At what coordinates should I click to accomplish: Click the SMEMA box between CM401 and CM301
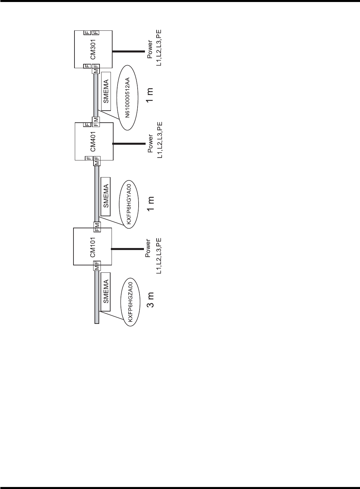click(106, 91)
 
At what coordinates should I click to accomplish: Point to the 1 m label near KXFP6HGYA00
click(151, 204)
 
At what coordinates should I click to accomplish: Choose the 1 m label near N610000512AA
click(151, 95)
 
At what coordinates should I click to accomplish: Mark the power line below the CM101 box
click(127, 248)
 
